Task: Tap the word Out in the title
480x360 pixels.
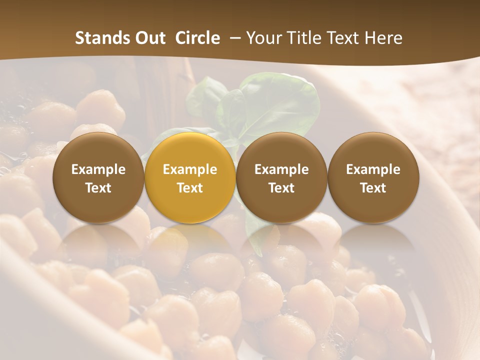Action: coord(148,38)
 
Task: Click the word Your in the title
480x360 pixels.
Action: coord(262,38)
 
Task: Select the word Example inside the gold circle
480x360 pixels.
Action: coord(190,169)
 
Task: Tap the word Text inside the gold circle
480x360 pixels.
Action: coord(190,188)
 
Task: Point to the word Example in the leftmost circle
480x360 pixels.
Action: coord(98,169)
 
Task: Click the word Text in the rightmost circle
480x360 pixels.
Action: coord(373,188)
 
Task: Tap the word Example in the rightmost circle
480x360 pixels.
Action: coord(373,169)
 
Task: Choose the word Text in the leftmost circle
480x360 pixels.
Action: coord(98,188)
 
